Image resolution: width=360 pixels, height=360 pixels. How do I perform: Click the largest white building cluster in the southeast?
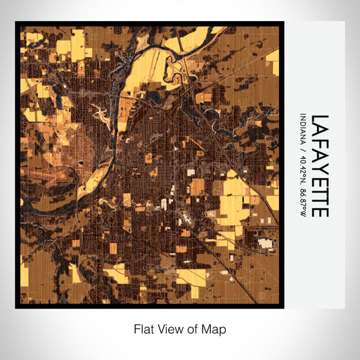(x=266, y=244)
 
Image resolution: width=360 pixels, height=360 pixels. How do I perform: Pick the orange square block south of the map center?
(x=199, y=186)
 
